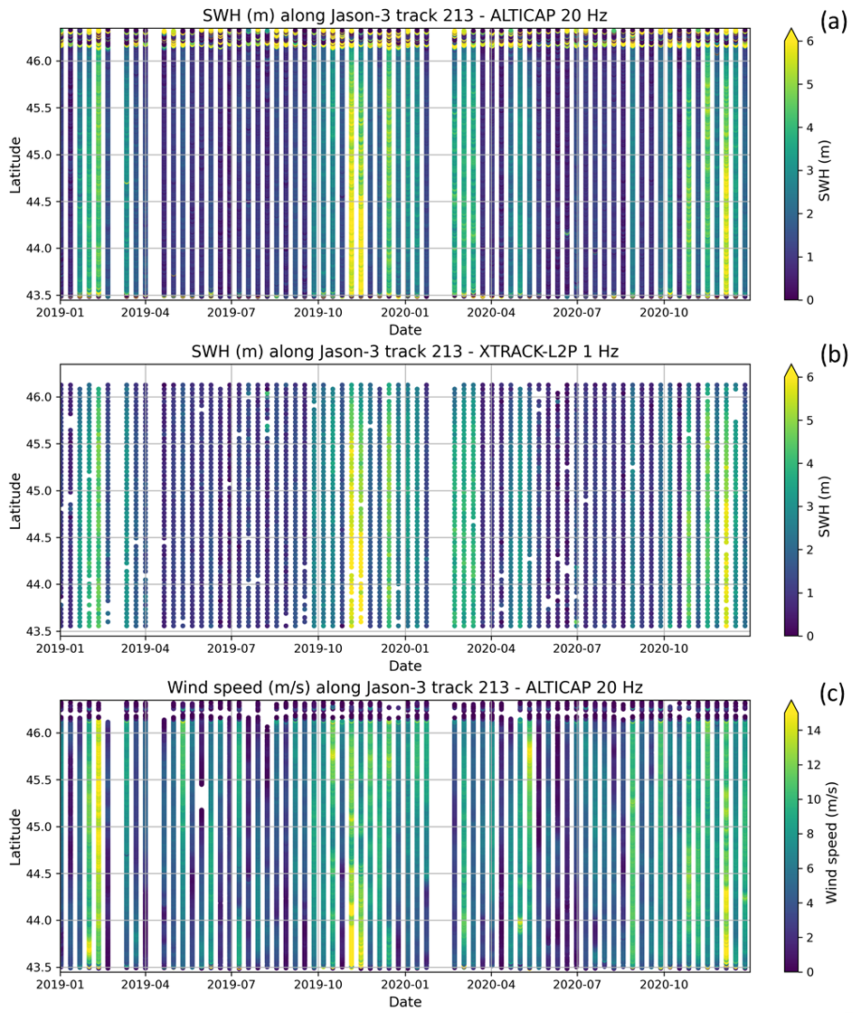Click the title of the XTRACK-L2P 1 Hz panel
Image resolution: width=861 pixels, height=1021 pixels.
[x=405, y=352]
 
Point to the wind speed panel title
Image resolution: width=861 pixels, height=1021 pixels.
[x=405, y=688]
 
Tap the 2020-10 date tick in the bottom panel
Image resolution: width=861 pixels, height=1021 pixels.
[x=665, y=984]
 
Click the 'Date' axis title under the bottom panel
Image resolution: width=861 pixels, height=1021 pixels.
[x=405, y=1002]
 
